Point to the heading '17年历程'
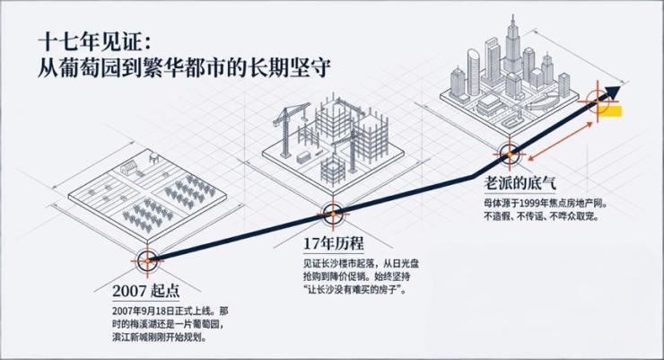(335, 244)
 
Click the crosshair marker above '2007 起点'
(147, 261)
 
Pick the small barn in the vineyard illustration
(129, 166)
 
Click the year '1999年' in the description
(537, 203)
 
